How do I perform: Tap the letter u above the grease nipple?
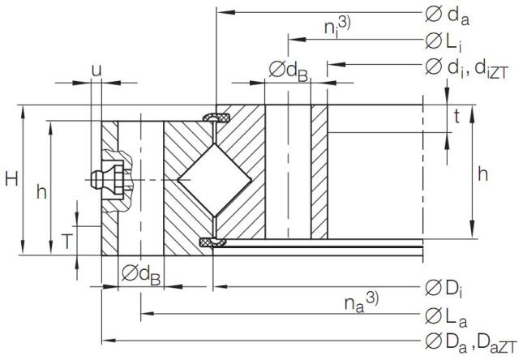[x=96, y=71]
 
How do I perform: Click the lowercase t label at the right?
[x=456, y=117]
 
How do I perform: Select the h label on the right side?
[x=484, y=173]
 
